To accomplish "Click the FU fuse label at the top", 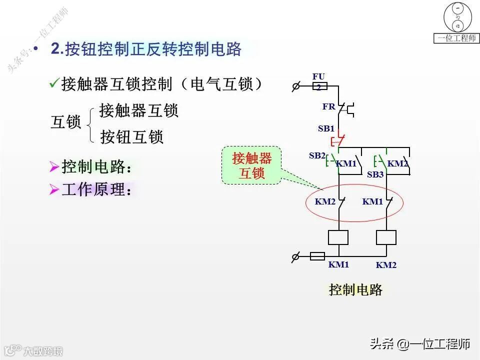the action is pos(318,76).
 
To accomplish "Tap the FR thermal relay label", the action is pos(328,106).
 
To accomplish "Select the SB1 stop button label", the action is pos(326,128).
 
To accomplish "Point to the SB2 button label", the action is pos(316,155).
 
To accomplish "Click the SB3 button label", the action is pos(375,174).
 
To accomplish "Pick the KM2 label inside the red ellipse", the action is pos(325,201).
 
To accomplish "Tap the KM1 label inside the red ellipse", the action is pos(372,201).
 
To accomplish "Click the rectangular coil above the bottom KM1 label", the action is pos(338,237).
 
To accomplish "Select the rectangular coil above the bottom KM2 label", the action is pos(386,237).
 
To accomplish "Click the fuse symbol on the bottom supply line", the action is pos(317,256).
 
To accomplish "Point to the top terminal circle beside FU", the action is pos(295,86).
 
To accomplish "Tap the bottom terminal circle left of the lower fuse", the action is pos(295,257).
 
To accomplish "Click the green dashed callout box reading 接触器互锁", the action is pos(251,165).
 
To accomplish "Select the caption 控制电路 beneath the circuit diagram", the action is pos(355,289).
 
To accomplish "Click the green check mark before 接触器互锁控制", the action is pos(54,83).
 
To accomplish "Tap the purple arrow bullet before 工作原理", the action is pos(54,190).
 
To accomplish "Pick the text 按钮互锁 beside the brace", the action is pos(132,136).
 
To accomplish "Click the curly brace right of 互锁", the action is pos(89,123).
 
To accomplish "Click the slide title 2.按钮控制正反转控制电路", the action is pos(146,48).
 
